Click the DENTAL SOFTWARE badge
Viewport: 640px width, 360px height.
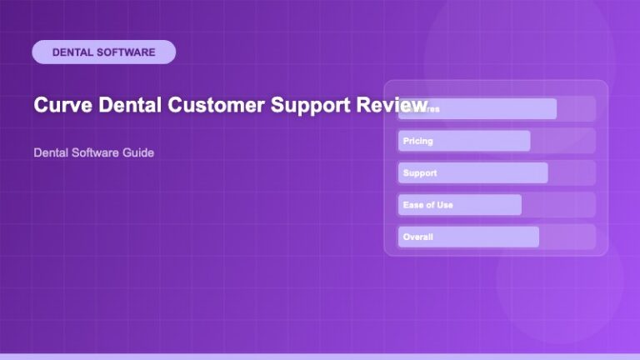click(103, 52)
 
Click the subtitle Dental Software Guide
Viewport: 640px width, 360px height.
click(93, 153)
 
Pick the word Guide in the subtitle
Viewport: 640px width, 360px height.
click(138, 153)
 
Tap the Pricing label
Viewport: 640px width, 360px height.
click(417, 142)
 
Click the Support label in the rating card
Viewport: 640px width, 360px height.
click(419, 173)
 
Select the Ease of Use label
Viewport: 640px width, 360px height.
click(427, 205)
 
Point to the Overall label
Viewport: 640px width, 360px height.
click(417, 237)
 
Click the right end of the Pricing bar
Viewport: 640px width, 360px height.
click(527, 142)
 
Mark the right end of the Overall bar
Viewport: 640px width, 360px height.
click(537, 237)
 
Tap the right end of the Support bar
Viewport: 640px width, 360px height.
click(545, 173)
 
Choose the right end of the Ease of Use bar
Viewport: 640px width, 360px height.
click(519, 205)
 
